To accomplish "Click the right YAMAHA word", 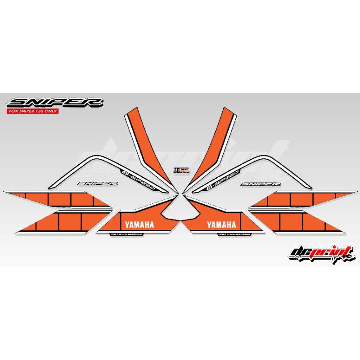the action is [221, 225].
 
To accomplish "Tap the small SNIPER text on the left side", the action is [98, 184].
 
